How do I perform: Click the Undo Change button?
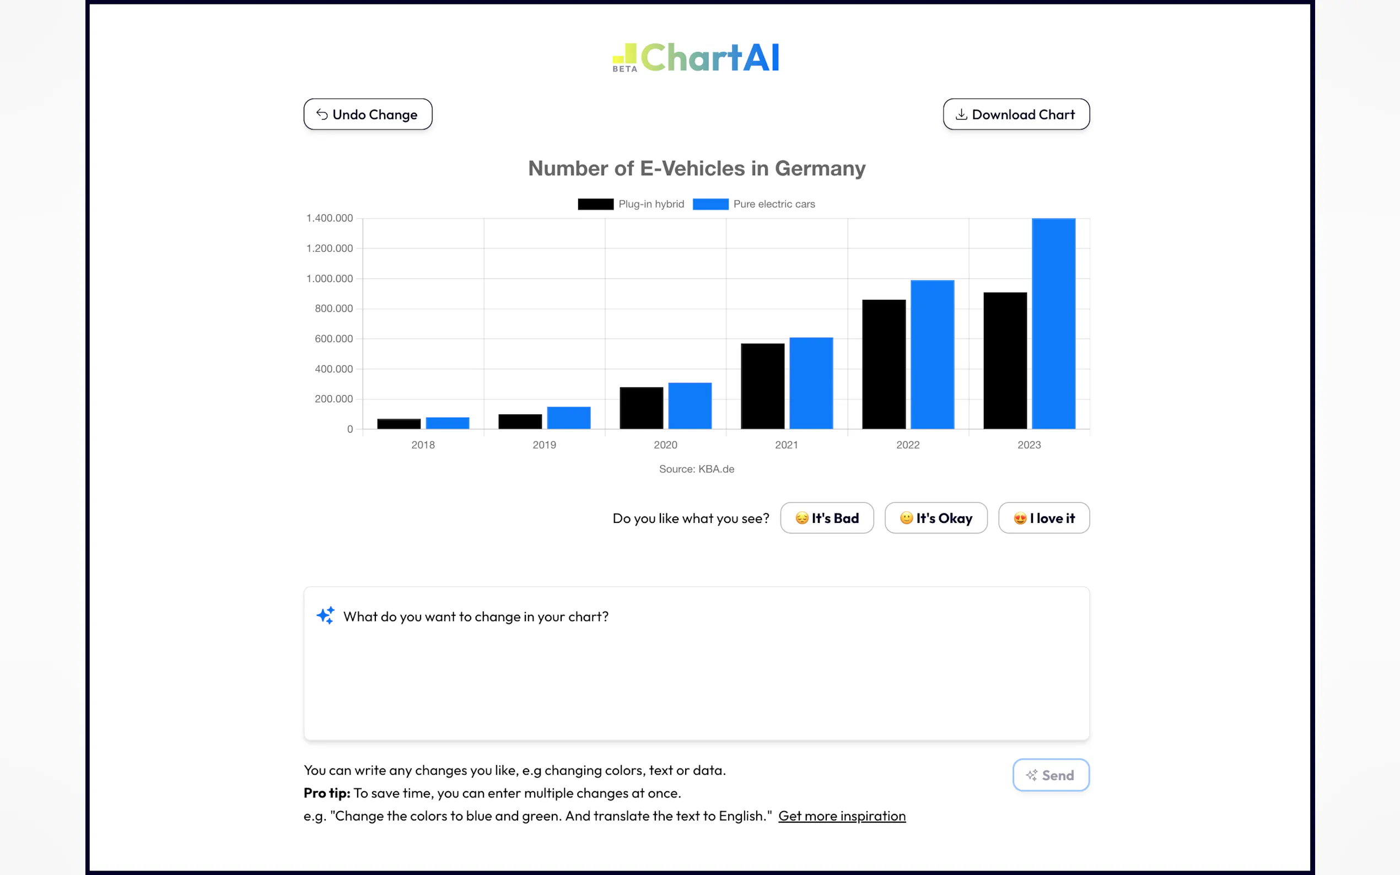tap(368, 115)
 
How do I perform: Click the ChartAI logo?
tap(696, 58)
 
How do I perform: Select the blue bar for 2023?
tap(1053, 323)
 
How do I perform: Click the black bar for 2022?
tap(884, 364)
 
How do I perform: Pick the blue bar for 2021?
tap(811, 383)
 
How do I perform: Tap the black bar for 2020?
tap(641, 408)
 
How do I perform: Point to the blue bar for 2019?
tap(568, 418)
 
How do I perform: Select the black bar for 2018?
tap(399, 424)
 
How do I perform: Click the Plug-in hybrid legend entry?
tap(631, 204)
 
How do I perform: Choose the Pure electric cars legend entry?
tap(753, 204)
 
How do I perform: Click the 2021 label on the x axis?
tap(787, 445)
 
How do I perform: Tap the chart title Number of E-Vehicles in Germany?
tap(697, 169)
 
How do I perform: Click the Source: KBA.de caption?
tap(697, 469)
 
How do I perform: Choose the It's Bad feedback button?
tap(826, 518)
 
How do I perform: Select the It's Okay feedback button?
tap(936, 518)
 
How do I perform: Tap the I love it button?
tap(1043, 518)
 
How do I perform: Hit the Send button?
tap(1051, 775)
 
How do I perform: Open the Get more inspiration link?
tap(842, 816)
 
